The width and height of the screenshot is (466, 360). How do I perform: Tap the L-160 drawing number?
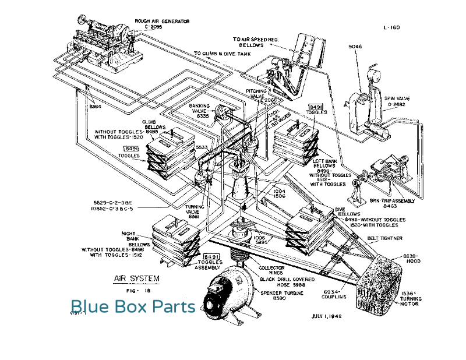(391, 27)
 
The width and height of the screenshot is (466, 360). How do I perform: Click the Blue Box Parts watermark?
(133, 306)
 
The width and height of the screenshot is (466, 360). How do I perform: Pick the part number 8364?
(95, 107)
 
